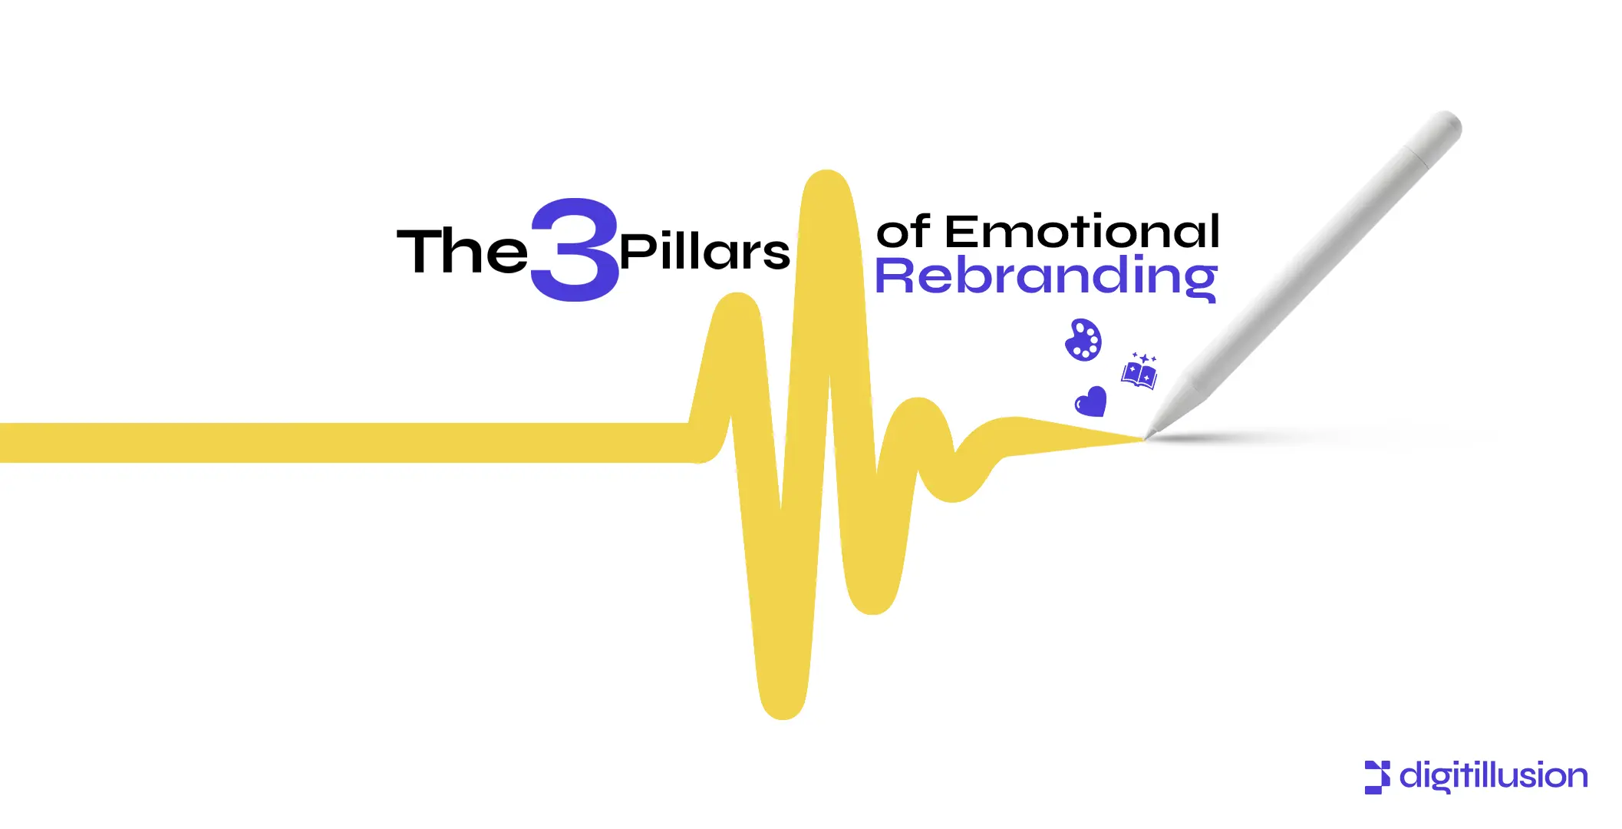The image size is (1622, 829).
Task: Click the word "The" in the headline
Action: (x=462, y=250)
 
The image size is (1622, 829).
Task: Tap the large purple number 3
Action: (x=575, y=250)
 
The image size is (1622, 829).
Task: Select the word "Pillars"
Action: (x=704, y=252)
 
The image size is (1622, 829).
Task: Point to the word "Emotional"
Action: (x=1082, y=231)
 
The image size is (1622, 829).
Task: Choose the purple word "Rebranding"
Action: (x=1046, y=276)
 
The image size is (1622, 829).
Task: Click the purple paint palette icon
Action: (x=1083, y=339)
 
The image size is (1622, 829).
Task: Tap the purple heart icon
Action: (x=1090, y=401)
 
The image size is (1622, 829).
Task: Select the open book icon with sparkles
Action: (x=1139, y=372)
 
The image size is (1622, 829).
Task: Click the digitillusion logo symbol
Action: (x=1376, y=777)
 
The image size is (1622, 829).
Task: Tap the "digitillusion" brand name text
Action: (x=1493, y=777)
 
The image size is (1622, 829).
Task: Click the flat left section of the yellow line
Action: (x=345, y=443)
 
